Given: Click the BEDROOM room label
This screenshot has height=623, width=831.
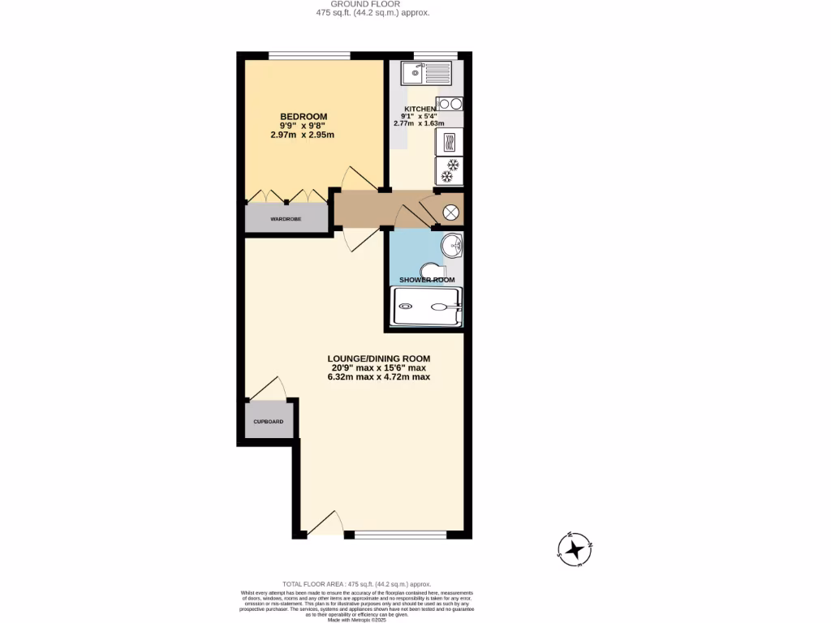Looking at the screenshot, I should [x=303, y=116].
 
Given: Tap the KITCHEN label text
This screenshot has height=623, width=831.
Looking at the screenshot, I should [x=420, y=109].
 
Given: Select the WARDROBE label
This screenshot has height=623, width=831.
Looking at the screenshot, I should [x=286, y=219].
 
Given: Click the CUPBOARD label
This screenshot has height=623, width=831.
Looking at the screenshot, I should [x=268, y=422].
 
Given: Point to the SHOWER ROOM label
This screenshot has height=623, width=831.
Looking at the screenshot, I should [x=426, y=280].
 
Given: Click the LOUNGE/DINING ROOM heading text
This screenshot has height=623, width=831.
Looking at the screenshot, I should [x=378, y=358].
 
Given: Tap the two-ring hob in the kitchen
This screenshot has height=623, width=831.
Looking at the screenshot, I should [x=450, y=103].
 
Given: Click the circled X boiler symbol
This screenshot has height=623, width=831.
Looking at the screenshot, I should [x=450, y=213].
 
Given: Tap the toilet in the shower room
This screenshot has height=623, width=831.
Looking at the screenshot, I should [x=433, y=270].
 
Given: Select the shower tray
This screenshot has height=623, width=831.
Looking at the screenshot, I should [x=427, y=307].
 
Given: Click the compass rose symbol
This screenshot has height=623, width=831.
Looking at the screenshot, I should [x=575, y=549].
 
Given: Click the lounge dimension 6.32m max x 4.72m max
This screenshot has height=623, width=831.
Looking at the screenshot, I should [x=378, y=377].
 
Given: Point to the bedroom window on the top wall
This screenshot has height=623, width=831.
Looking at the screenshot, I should [x=309, y=55].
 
